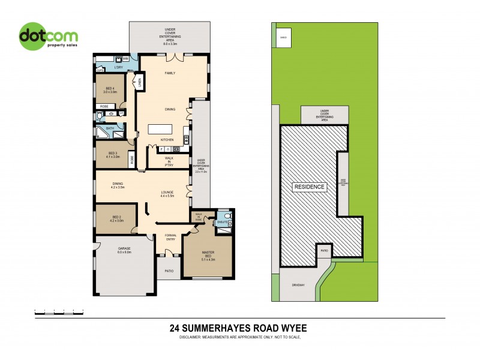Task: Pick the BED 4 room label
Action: pyautogui.click(x=109, y=90)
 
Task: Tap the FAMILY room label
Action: pyautogui.click(x=170, y=73)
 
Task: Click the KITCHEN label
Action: pyautogui.click(x=167, y=140)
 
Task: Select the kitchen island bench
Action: pyautogui.click(x=160, y=128)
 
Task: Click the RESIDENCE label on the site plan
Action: pyautogui.click(x=310, y=187)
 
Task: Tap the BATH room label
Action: pyautogui.click(x=110, y=128)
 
